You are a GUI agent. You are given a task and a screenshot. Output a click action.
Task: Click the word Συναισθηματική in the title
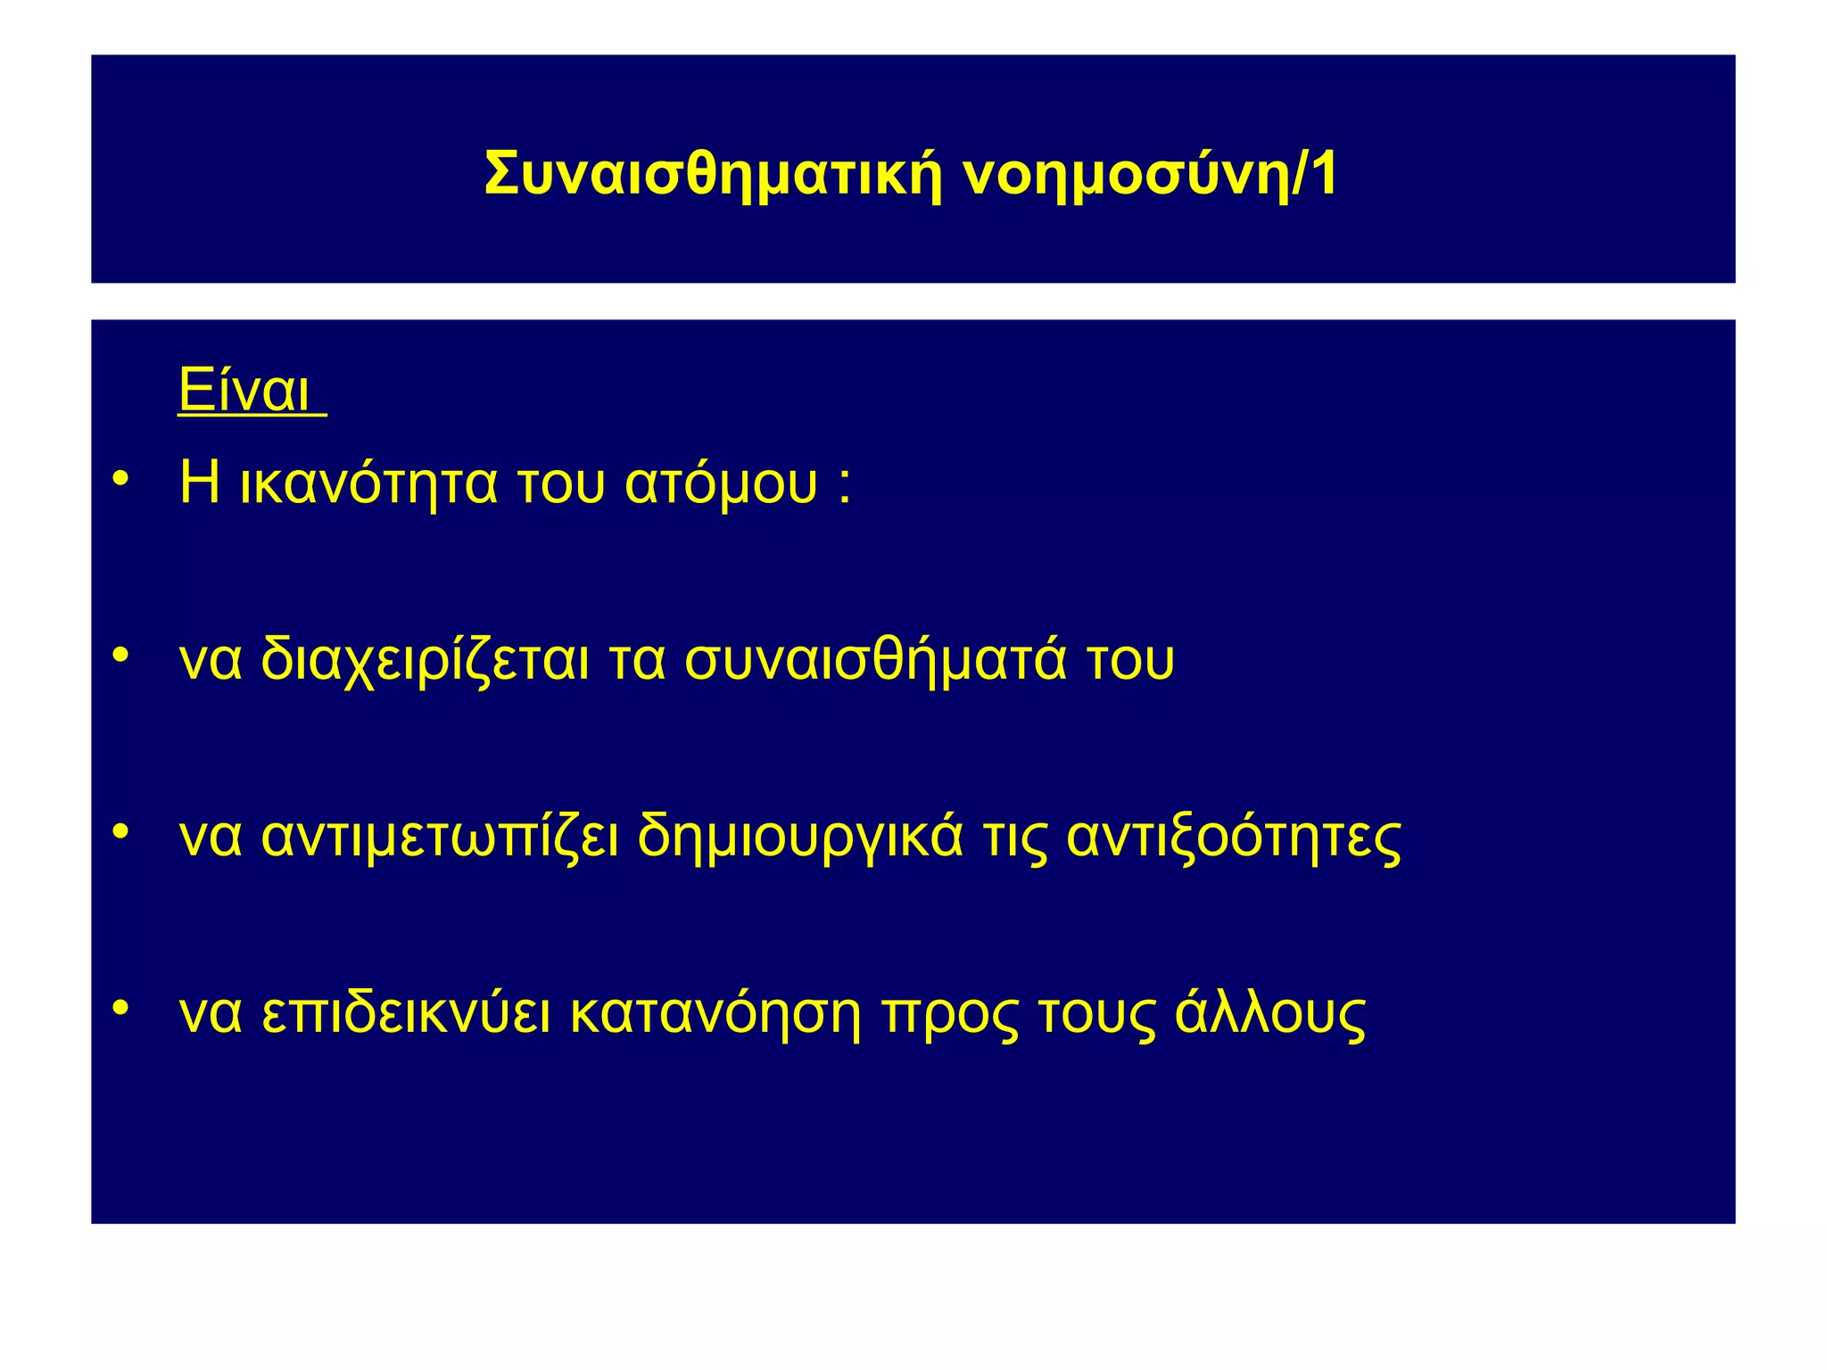click(713, 175)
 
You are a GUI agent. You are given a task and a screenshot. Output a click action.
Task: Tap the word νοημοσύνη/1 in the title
click(1150, 175)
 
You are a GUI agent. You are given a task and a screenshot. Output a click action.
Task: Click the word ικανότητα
click(368, 483)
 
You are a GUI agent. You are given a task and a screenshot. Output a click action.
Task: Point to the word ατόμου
click(721, 484)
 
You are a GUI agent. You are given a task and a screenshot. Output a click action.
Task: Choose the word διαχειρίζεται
click(425, 661)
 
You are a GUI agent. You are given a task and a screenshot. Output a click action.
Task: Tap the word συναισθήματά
click(875, 659)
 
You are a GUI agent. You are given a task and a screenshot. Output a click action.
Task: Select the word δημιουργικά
click(800, 838)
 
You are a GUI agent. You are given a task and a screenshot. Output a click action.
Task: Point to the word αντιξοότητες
click(1234, 838)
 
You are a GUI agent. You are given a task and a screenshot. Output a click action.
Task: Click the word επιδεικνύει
click(406, 1014)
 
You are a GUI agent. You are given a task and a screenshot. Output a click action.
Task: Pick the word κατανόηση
click(715, 1014)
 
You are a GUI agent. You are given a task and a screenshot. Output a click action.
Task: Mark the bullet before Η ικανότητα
click(121, 478)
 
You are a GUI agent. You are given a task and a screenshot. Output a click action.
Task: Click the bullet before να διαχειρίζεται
click(121, 655)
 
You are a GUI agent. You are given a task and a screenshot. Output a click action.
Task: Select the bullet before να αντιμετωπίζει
click(121, 831)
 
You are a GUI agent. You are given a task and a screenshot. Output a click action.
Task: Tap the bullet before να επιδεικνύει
click(121, 1008)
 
